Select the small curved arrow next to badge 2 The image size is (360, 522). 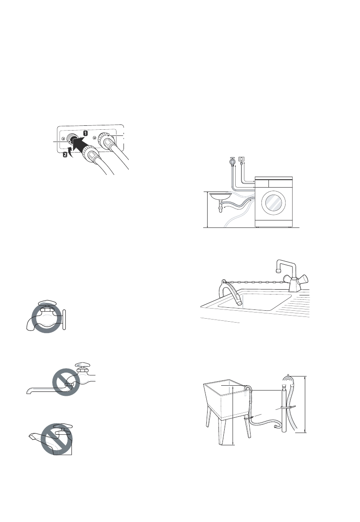click(71, 151)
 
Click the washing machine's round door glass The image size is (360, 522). click(273, 203)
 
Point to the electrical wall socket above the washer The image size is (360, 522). click(240, 160)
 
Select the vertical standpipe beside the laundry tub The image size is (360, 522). click(282, 408)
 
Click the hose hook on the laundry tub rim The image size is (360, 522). click(248, 388)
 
